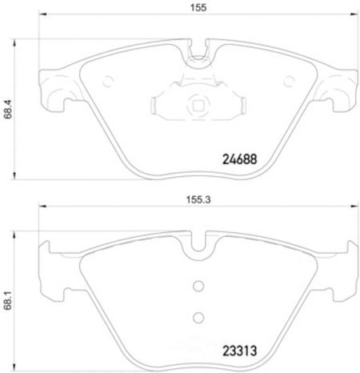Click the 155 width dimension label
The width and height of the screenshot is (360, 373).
coord(198,7)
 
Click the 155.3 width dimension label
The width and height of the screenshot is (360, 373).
coord(198,199)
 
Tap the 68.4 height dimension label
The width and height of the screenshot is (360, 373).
coord(8,109)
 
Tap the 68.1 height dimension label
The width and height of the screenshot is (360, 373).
coord(8,300)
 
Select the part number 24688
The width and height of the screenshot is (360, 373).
coord(239,159)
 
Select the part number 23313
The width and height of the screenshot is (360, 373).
coord(239,351)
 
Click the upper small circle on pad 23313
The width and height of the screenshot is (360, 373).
coord(198,286)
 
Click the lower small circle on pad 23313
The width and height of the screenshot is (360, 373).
coord(198,318)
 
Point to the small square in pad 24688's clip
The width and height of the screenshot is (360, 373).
coord(198,106)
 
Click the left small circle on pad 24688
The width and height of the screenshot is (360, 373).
coord(108,81)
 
